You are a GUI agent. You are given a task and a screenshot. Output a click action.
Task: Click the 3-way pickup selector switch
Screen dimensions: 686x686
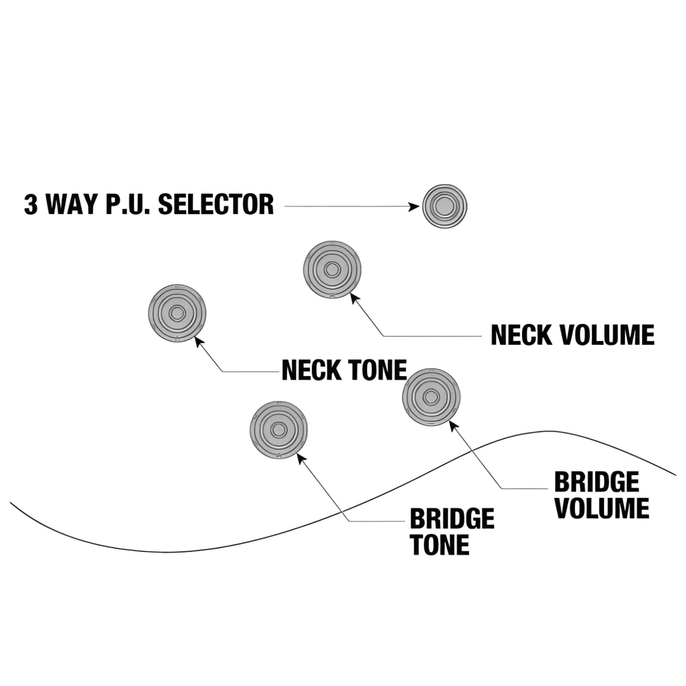[445, 206]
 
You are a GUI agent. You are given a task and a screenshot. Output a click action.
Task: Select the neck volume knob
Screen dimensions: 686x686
[332, 269]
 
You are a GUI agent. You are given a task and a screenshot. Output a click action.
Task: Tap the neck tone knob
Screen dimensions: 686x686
[177, 313]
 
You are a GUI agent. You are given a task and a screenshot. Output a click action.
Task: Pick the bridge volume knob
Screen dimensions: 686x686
[431, 398]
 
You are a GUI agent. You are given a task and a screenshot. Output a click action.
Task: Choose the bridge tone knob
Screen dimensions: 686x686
[279, 430]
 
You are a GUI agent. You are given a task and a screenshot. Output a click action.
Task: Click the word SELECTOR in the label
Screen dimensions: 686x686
[215, 205]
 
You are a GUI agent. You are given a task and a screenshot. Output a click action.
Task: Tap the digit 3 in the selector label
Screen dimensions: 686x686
[30, 205]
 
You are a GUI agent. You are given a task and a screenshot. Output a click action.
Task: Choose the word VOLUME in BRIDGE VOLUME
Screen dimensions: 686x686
[602, 509]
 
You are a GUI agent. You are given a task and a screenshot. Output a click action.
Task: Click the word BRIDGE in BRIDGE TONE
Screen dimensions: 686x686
[452, 519]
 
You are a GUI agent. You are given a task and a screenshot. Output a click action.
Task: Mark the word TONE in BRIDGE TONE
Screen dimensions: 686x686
[440, 545]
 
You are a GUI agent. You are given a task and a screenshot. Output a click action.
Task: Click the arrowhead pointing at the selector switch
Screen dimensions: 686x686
[414, 206]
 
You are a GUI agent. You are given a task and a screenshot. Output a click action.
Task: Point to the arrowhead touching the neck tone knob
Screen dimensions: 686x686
[199, 342]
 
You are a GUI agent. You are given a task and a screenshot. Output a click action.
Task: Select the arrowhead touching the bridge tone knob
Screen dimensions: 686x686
[301, 457]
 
